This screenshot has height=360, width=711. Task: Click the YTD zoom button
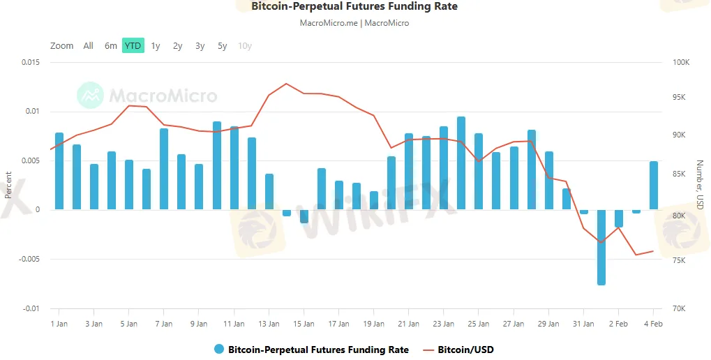point(133,46)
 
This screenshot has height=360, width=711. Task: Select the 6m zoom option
point(111,46)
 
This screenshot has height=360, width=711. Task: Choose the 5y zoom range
point(222,46)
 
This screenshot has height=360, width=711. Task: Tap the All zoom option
point(88,46)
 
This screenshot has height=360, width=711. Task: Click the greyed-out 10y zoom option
point(245,46)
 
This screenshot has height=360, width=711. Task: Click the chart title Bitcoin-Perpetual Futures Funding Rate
point(354,7)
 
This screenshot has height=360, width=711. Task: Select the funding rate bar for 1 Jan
point(59,171)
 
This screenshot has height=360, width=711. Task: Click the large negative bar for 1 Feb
point(601,247)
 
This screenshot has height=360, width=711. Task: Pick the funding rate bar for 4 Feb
point(654,186)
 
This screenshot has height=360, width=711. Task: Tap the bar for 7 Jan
point(164,169)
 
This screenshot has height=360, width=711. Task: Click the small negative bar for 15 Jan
point(304,216)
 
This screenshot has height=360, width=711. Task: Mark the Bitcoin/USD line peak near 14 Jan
point(286,84)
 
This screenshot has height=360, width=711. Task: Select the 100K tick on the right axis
point(680,63)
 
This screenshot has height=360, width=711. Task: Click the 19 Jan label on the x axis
point(374,324)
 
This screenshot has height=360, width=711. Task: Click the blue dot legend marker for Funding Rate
point(219,350)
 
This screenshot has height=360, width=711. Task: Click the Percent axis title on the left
point(8,185)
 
